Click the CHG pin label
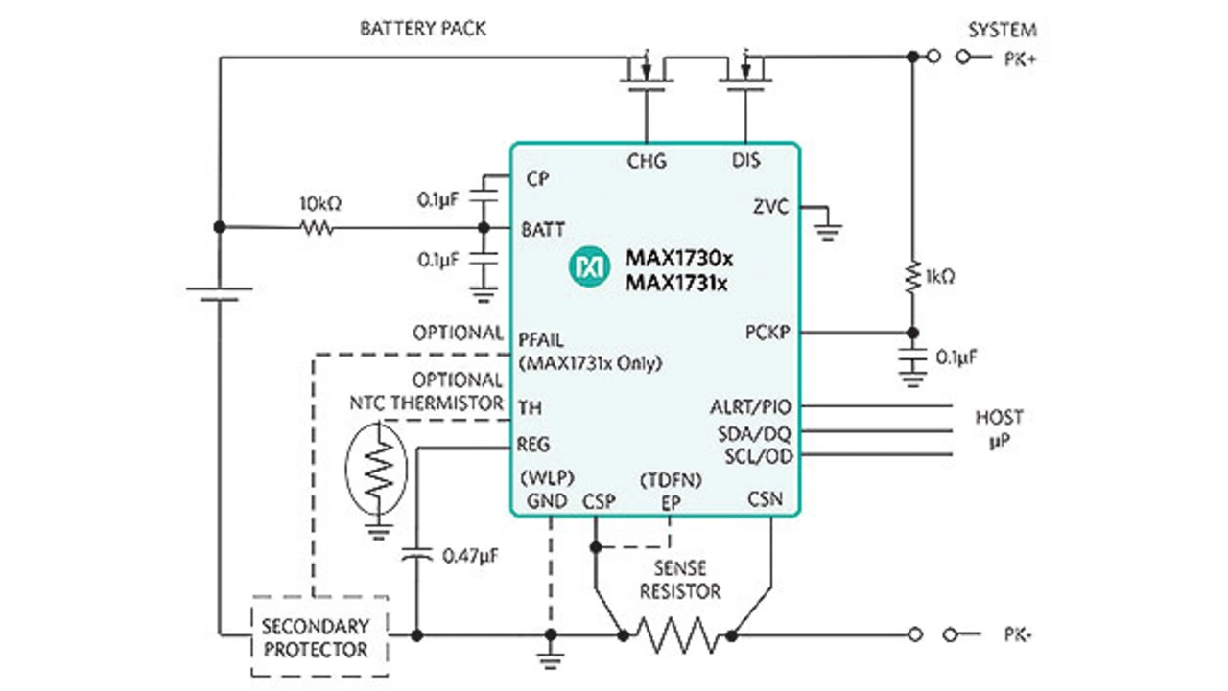click(646, 160)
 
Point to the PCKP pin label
click(768, 333)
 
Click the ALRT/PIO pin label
click(751, 407)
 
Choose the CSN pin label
click(765, 499)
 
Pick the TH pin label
click(529, 407)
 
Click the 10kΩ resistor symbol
click(318, 227)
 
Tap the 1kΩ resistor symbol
click(912, 277)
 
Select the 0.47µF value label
click(469, 555)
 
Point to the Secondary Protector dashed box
click(319, 636)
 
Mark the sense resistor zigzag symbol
click(678, 634)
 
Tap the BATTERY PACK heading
click(423, 28)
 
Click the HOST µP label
click(999, 428)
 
